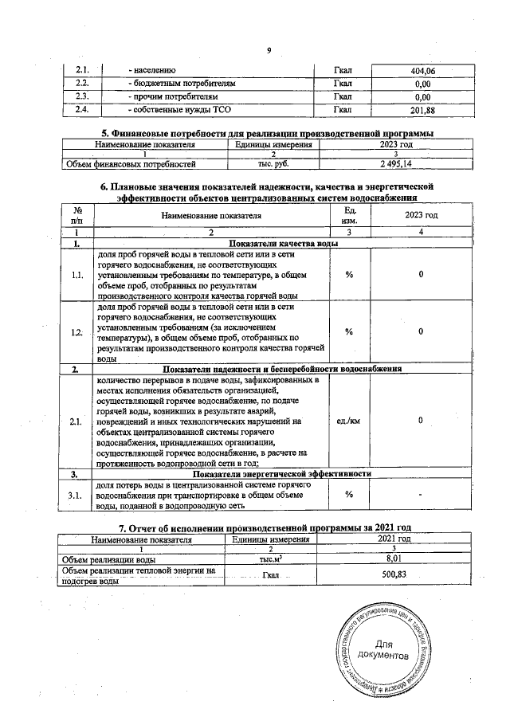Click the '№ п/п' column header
[77, 215]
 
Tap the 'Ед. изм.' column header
[348, 215]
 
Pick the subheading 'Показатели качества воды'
[282, 243]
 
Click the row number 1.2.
[77, 332]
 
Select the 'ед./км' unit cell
[348, 421]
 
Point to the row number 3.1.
[77, 496]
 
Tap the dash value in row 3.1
[421, 496]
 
